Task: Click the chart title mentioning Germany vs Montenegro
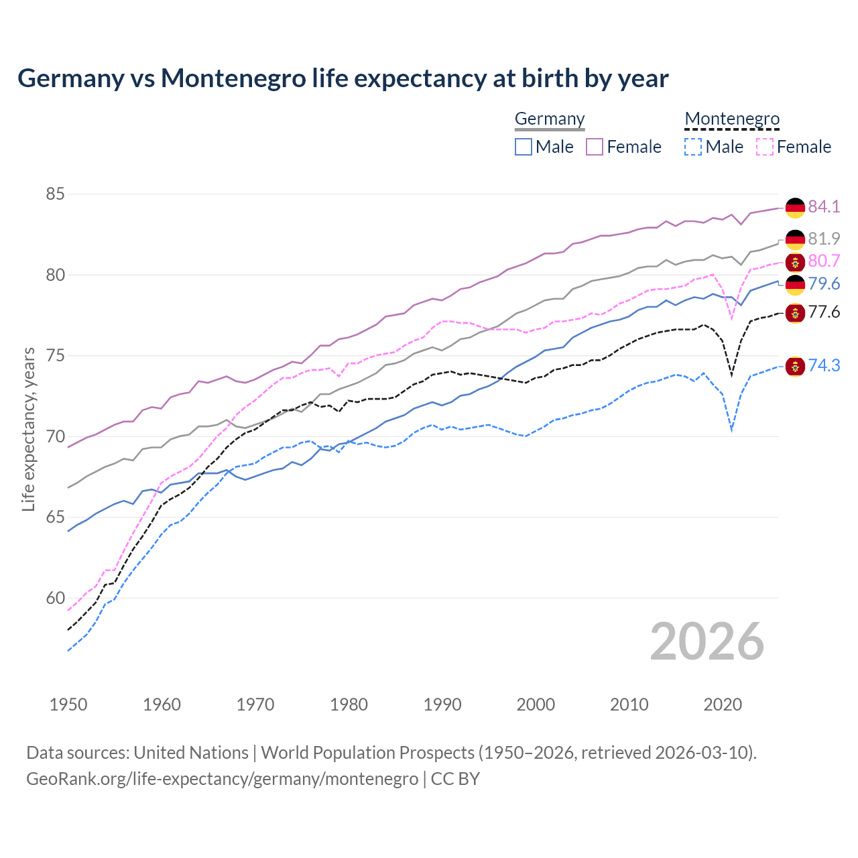[x=343, y=78]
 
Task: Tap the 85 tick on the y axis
[x=55, y=194]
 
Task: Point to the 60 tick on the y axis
[x=55, y=598]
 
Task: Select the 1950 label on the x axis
[x=68, y=704]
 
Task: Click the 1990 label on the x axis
[x=442, y=704]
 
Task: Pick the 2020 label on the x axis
[x=723, y=704]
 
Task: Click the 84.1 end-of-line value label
[x=824, y=206]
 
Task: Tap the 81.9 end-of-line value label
[x=824, y=239]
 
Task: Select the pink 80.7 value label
[x=824, y=261]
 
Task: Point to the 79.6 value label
[x=824, y=284]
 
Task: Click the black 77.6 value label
[x=824, y=312]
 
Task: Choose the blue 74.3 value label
[x=824, y=365]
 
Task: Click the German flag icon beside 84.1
[x=795, y=208]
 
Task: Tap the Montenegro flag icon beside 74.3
[x=795, y=366]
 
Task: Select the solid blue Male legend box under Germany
[x=524, y=147]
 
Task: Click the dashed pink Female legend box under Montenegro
[x=765, y=147]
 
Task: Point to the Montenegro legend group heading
[x=732, y=119]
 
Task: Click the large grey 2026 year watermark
[x=707, y=642]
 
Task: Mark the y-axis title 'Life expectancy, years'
[x=28, y=429]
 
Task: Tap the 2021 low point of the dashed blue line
[x=732, y=430]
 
